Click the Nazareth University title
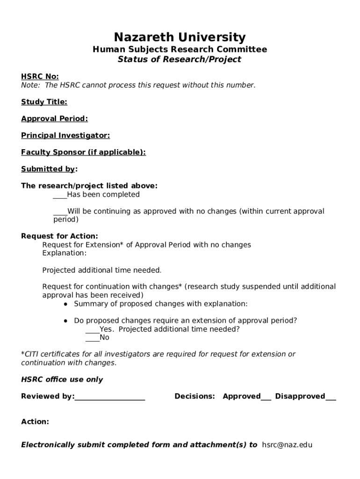(180, 37)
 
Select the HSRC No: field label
(40, 77)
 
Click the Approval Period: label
(54, 119)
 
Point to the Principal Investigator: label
(65, 136)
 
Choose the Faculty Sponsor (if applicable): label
(83, 152)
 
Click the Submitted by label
(48, 169)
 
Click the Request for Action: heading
(59, 236)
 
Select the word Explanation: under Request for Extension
(65, 253)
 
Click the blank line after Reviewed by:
(110, 398)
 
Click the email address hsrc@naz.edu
(287, 445)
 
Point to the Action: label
(35, 422)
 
